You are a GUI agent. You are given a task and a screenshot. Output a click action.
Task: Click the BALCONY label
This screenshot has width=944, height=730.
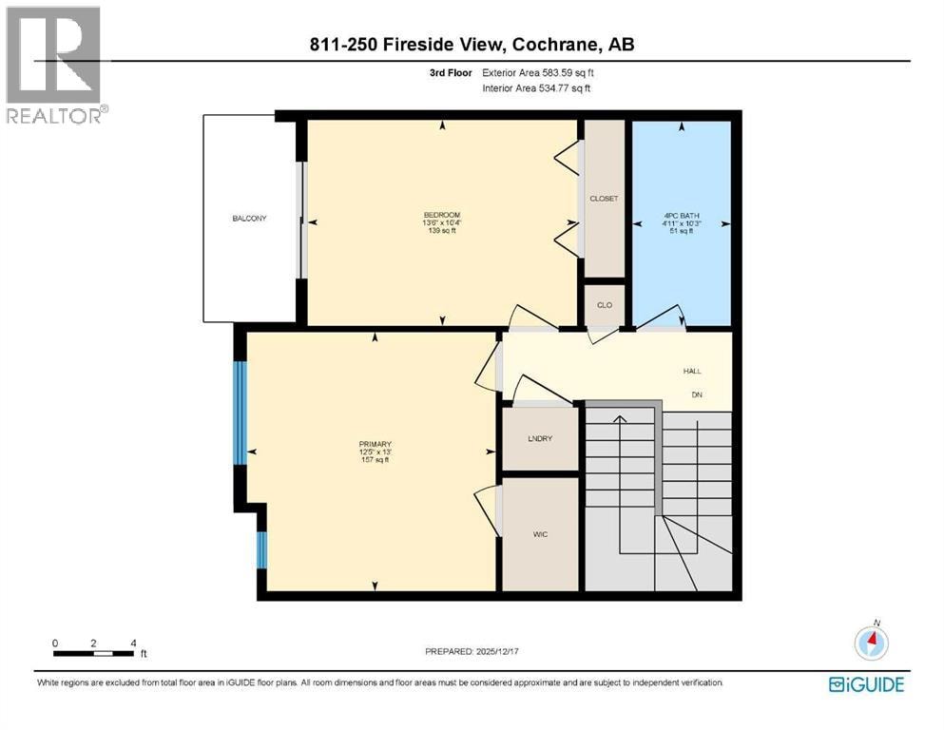point(249,219)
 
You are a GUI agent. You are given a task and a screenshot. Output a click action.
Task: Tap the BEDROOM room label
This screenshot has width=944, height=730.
point(442,215)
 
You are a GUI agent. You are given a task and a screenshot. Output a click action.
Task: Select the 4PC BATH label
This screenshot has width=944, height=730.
point(682,216)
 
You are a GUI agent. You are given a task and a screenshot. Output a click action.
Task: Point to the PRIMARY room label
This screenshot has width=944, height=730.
point(376,444)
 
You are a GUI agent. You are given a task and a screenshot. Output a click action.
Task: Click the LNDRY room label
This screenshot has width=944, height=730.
point(540,439)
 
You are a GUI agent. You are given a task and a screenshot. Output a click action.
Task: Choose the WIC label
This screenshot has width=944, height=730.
point(540,534)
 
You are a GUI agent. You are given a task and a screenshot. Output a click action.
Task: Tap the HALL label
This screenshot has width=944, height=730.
point(692,372)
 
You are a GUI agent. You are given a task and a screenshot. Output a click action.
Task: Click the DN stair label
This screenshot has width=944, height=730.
point(697,394)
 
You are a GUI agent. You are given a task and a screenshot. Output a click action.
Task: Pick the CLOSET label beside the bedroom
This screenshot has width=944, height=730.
point(604,199)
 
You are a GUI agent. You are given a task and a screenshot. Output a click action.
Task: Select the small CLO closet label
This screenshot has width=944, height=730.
point(605,305)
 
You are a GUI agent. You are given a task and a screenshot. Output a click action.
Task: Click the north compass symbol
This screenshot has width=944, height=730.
point(871,642)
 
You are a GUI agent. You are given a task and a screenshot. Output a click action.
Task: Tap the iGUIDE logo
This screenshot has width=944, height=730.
point(866,685)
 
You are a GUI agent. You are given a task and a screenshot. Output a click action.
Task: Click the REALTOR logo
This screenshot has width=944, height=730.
point(55,65)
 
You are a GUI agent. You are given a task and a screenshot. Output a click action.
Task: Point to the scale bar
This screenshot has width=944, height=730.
point(93,653)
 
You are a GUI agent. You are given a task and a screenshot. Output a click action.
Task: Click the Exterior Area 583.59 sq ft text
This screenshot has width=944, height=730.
point(538,73)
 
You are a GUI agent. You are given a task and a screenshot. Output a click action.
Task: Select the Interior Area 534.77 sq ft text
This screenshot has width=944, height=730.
point(536,88)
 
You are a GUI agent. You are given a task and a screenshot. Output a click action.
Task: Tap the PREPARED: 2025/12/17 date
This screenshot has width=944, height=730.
point(472,651)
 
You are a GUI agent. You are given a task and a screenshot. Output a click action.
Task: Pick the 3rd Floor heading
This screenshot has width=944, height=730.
point(451,73)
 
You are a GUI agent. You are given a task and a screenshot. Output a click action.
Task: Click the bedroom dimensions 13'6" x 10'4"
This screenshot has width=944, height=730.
point(442,222)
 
